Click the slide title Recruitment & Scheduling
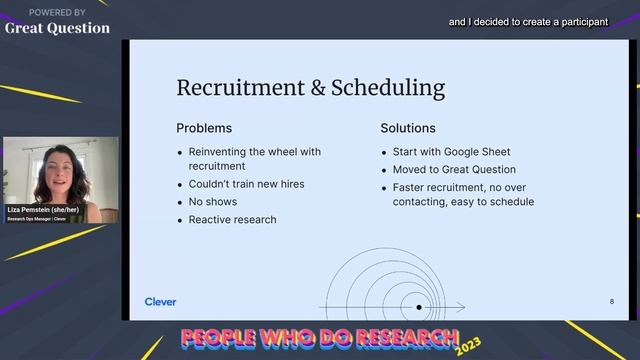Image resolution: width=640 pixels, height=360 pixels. (x=310, y=87)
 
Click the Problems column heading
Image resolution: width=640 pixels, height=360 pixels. (x=204, y=128)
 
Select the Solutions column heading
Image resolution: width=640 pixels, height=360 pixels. (x=408, y=128)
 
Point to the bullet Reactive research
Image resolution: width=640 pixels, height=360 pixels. (x=232, y=219)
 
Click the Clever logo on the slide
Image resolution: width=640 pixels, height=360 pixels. (x=160, y=301)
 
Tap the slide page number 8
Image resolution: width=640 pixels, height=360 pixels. (x=612, y=301)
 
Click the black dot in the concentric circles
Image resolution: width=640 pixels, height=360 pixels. (x=419, y=307)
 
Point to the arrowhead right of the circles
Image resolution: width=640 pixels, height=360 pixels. (x=461, y=307)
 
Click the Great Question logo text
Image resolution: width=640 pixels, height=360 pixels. (x=57, y=28)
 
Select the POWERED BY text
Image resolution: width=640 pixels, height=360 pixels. (x=57, y=12)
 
